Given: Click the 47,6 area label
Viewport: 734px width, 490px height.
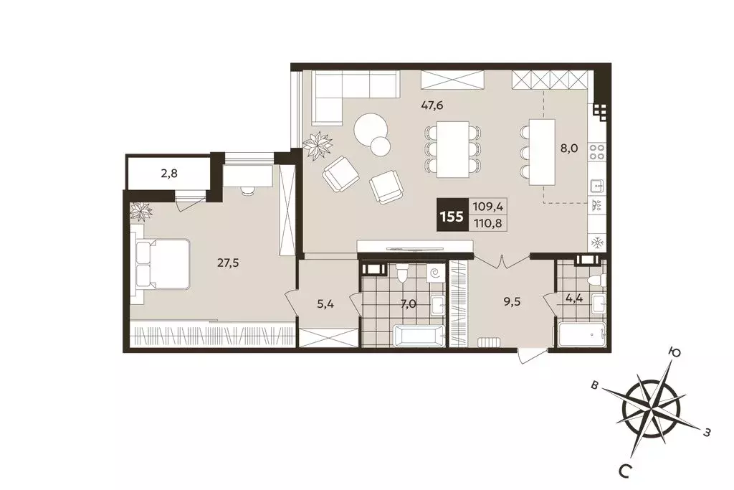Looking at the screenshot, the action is [x=432, y=105].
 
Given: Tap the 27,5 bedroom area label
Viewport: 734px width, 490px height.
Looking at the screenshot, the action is [x=228, y=263].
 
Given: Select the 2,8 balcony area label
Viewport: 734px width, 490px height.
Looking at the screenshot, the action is [x=169, y=174].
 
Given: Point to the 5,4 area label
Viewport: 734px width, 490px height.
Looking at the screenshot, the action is [x=326, y=304].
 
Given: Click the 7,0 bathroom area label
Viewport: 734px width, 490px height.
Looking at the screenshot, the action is [x=408, y=304].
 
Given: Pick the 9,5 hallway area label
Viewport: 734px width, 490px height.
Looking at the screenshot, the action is [x=512, y=301].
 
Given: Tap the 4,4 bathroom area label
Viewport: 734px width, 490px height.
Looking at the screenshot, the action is [x=573, y=298].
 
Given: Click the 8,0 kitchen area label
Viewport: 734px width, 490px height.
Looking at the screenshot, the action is [x=568, y=149].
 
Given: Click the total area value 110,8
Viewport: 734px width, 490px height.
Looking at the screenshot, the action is [x=487, y=224].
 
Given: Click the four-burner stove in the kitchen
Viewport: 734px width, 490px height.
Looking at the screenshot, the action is [x=597, y=152].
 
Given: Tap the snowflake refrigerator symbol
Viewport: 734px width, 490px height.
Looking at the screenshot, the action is [x=597, y=242].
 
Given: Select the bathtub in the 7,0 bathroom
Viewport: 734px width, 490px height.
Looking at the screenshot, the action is [x=419, y=336].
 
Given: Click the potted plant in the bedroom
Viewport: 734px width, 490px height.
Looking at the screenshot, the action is [x=141, y=211].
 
